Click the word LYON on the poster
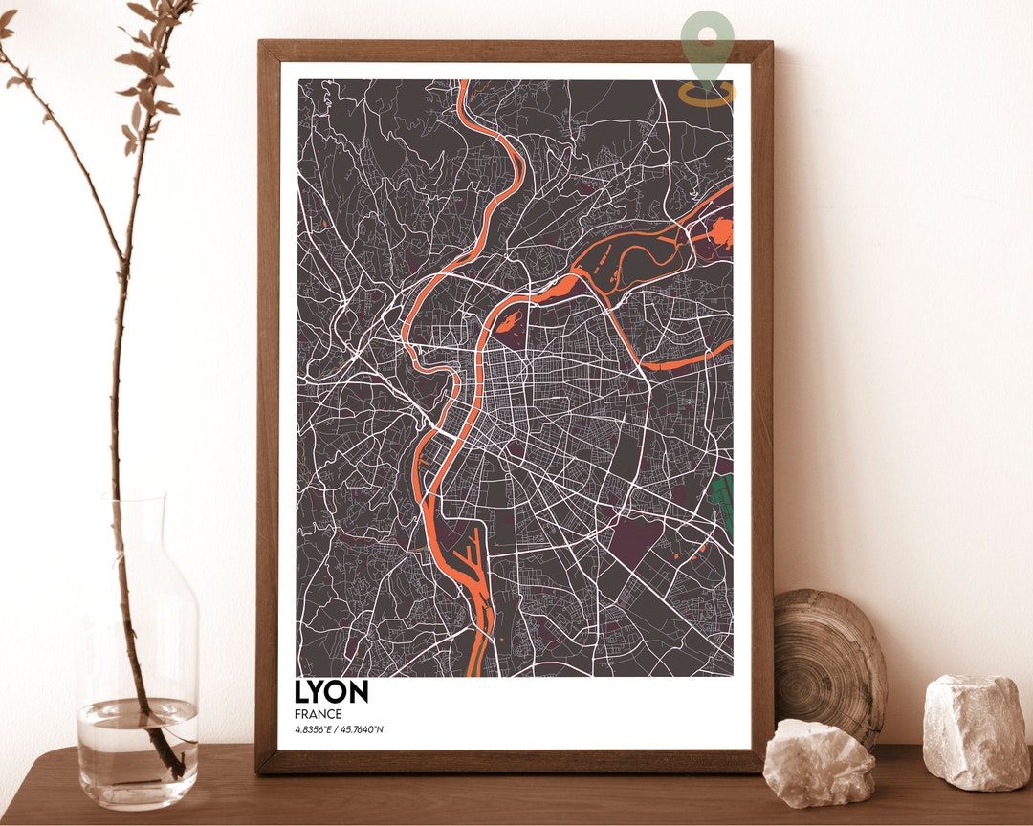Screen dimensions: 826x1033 pyautogui.click(x=331, y=691)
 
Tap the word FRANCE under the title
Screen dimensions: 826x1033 pyautogui.click(x=319, y=714)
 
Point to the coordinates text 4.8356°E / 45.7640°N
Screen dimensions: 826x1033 pyautogui.click(x=340, y=732)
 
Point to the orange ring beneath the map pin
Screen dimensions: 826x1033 pyautogui.click(x=707, y=93)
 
